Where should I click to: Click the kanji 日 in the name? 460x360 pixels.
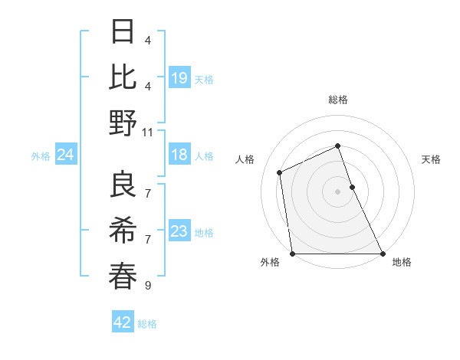pos(123,32)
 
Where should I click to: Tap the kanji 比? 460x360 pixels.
pos(123,77)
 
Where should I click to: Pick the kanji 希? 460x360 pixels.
pos(123,231)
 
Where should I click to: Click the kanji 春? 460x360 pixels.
pos(123,276)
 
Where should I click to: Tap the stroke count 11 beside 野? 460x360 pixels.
pos(147,132)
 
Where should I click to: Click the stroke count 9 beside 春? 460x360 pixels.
pos(147,286)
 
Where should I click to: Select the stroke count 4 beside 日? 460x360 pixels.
pos(147,40)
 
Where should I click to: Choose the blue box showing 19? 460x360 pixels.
pos(179,77)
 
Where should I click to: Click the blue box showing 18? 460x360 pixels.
pos(179,155)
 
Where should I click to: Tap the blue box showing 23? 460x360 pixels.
pos(179,231)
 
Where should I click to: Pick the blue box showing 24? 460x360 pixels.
pos(65,155)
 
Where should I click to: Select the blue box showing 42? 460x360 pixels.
pos(122,322)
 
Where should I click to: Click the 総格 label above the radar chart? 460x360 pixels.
pos(338,100)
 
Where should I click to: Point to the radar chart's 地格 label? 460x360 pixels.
pos(402,263)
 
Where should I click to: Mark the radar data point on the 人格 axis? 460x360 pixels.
pos(280,172)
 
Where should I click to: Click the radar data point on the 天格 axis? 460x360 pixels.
pos(352,187)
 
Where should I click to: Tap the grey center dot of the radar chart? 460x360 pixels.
pos(338,191)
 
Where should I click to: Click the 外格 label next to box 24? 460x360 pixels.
pos(41,155)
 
